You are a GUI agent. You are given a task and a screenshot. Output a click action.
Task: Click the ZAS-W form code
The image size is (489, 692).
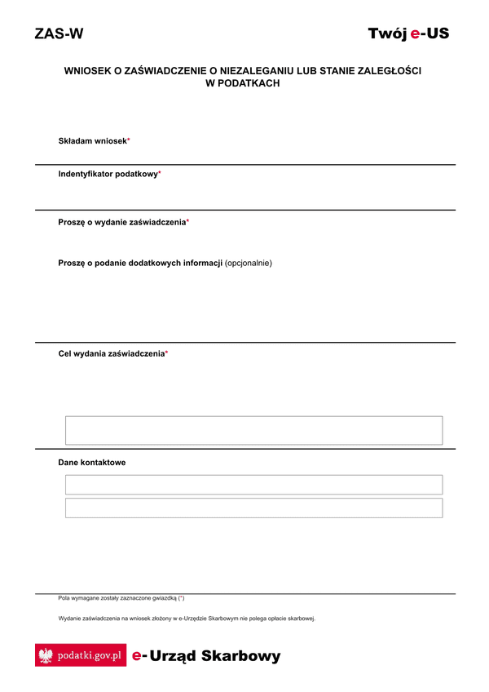pos(59,33)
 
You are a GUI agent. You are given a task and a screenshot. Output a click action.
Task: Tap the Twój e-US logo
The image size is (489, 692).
pos(408,33)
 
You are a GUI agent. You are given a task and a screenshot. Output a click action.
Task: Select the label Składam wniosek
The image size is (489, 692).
pos(92,141)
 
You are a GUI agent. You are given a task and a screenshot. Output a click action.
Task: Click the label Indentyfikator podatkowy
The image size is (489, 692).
pos(108,174)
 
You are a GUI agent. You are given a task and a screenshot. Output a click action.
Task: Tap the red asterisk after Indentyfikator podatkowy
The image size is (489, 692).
pos(160,173)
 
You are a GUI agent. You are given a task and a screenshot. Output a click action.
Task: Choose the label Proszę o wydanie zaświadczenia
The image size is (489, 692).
pos(121,222)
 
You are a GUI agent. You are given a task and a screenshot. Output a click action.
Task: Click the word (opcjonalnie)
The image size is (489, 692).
pos(249,263)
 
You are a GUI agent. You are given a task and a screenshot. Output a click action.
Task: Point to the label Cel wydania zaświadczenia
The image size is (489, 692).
pos(111,353)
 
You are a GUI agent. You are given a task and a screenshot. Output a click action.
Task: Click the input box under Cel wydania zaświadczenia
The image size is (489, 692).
pos(253,430)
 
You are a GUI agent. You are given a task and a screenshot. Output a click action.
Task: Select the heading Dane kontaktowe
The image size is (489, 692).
pos(91,463)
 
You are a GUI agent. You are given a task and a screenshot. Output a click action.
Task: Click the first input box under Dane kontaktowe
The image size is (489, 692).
pos(253,485)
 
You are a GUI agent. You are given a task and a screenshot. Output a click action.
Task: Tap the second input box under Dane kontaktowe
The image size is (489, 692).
pos(253,508)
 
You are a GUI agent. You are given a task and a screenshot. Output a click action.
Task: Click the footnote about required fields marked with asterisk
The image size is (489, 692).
pos(121,598)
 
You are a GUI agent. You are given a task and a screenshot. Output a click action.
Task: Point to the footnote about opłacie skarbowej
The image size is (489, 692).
pos(187,619)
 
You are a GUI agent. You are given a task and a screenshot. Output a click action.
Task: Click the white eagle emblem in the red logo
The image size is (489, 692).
pos(46,655)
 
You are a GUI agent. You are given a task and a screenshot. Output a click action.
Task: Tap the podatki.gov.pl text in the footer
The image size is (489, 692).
pos(89,655)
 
